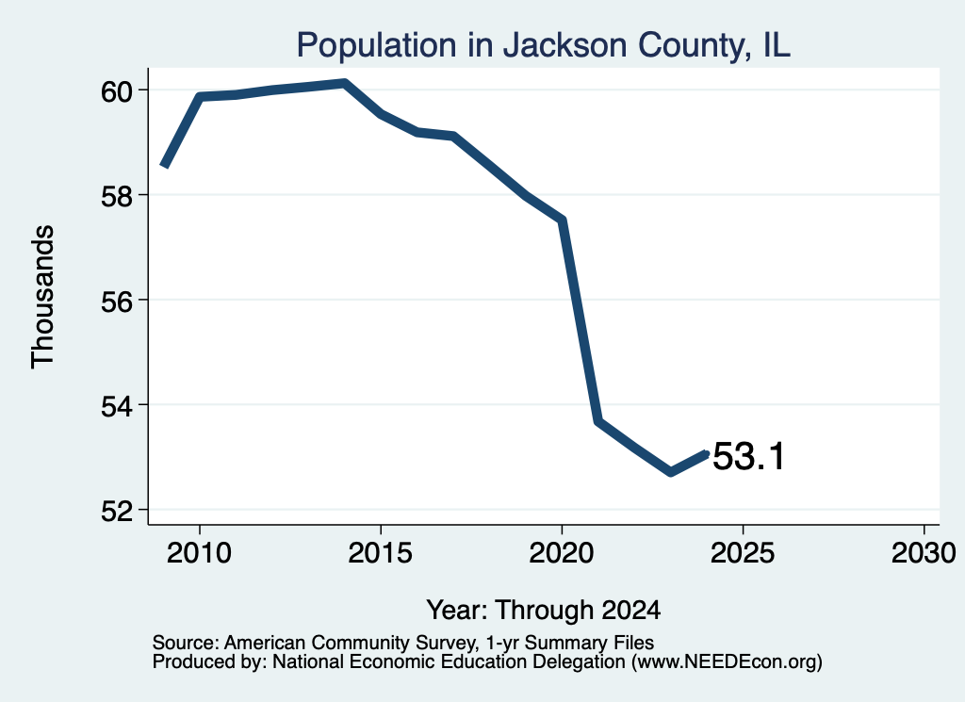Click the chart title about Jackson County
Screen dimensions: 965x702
pyautogui.click(x=543, y=45)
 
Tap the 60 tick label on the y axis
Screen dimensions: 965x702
pyautogui.click(x=117, y=91)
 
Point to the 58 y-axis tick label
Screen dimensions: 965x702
pyautogui.click(x=117, y=196)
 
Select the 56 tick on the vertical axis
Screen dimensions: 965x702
pyautogui.click(x=117, y=302)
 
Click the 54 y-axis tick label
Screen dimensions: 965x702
pyautogui.click(x=117, y=406)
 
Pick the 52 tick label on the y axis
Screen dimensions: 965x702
pyautogui.click(x=117, y=512)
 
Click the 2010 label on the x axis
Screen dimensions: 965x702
pyautogui.click(x=200, y=552)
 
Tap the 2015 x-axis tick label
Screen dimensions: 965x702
pyautogui.click(x=381, y=552)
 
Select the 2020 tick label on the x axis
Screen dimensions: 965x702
pyautogui.click(x=562, y=552)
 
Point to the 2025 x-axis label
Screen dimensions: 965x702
pyautogui.click(x=743, y=552)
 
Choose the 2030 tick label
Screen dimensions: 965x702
pyautogui.click(x=924, y=552)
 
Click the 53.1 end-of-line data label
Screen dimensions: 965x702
pyautogui.click(x=749, y=456)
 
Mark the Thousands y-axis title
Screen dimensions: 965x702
pyautogui.click(x=42, y=297)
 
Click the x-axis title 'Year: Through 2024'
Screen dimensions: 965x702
pyautogui.click(x=544, y=610)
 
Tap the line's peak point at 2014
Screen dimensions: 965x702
pyautogui.click(x=345, y=83)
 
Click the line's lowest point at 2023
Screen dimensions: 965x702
pyautogui.click(x=670, y=472)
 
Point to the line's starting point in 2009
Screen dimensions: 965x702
pyautogui.click(x=164, y=165)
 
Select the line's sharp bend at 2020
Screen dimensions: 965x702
pyautogui.click(x=562, y=220)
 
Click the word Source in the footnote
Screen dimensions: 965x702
pyautogui.click(x=184, y=643)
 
